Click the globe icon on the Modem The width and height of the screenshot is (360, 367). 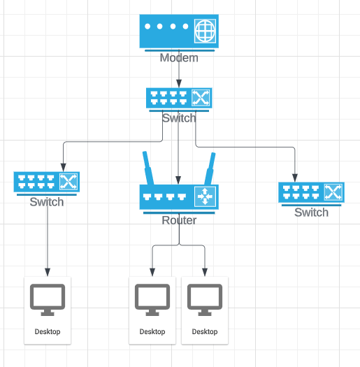point(204,31)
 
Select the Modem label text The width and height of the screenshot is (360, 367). point(179,58)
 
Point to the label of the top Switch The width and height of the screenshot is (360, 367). point(179,118)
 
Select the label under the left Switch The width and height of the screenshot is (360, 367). point(47,202)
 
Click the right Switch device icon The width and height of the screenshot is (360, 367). point(311,192)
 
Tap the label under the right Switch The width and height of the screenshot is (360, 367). point(311,213)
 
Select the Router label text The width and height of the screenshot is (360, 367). point(179,221)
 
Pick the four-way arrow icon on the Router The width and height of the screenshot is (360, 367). point(204,197)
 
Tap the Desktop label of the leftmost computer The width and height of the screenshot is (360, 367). point(48,331)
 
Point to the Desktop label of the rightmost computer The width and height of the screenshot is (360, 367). point(205,331)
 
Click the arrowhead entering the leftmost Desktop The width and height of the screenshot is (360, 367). point(48,272)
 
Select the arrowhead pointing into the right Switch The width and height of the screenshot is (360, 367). point(294,177)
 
